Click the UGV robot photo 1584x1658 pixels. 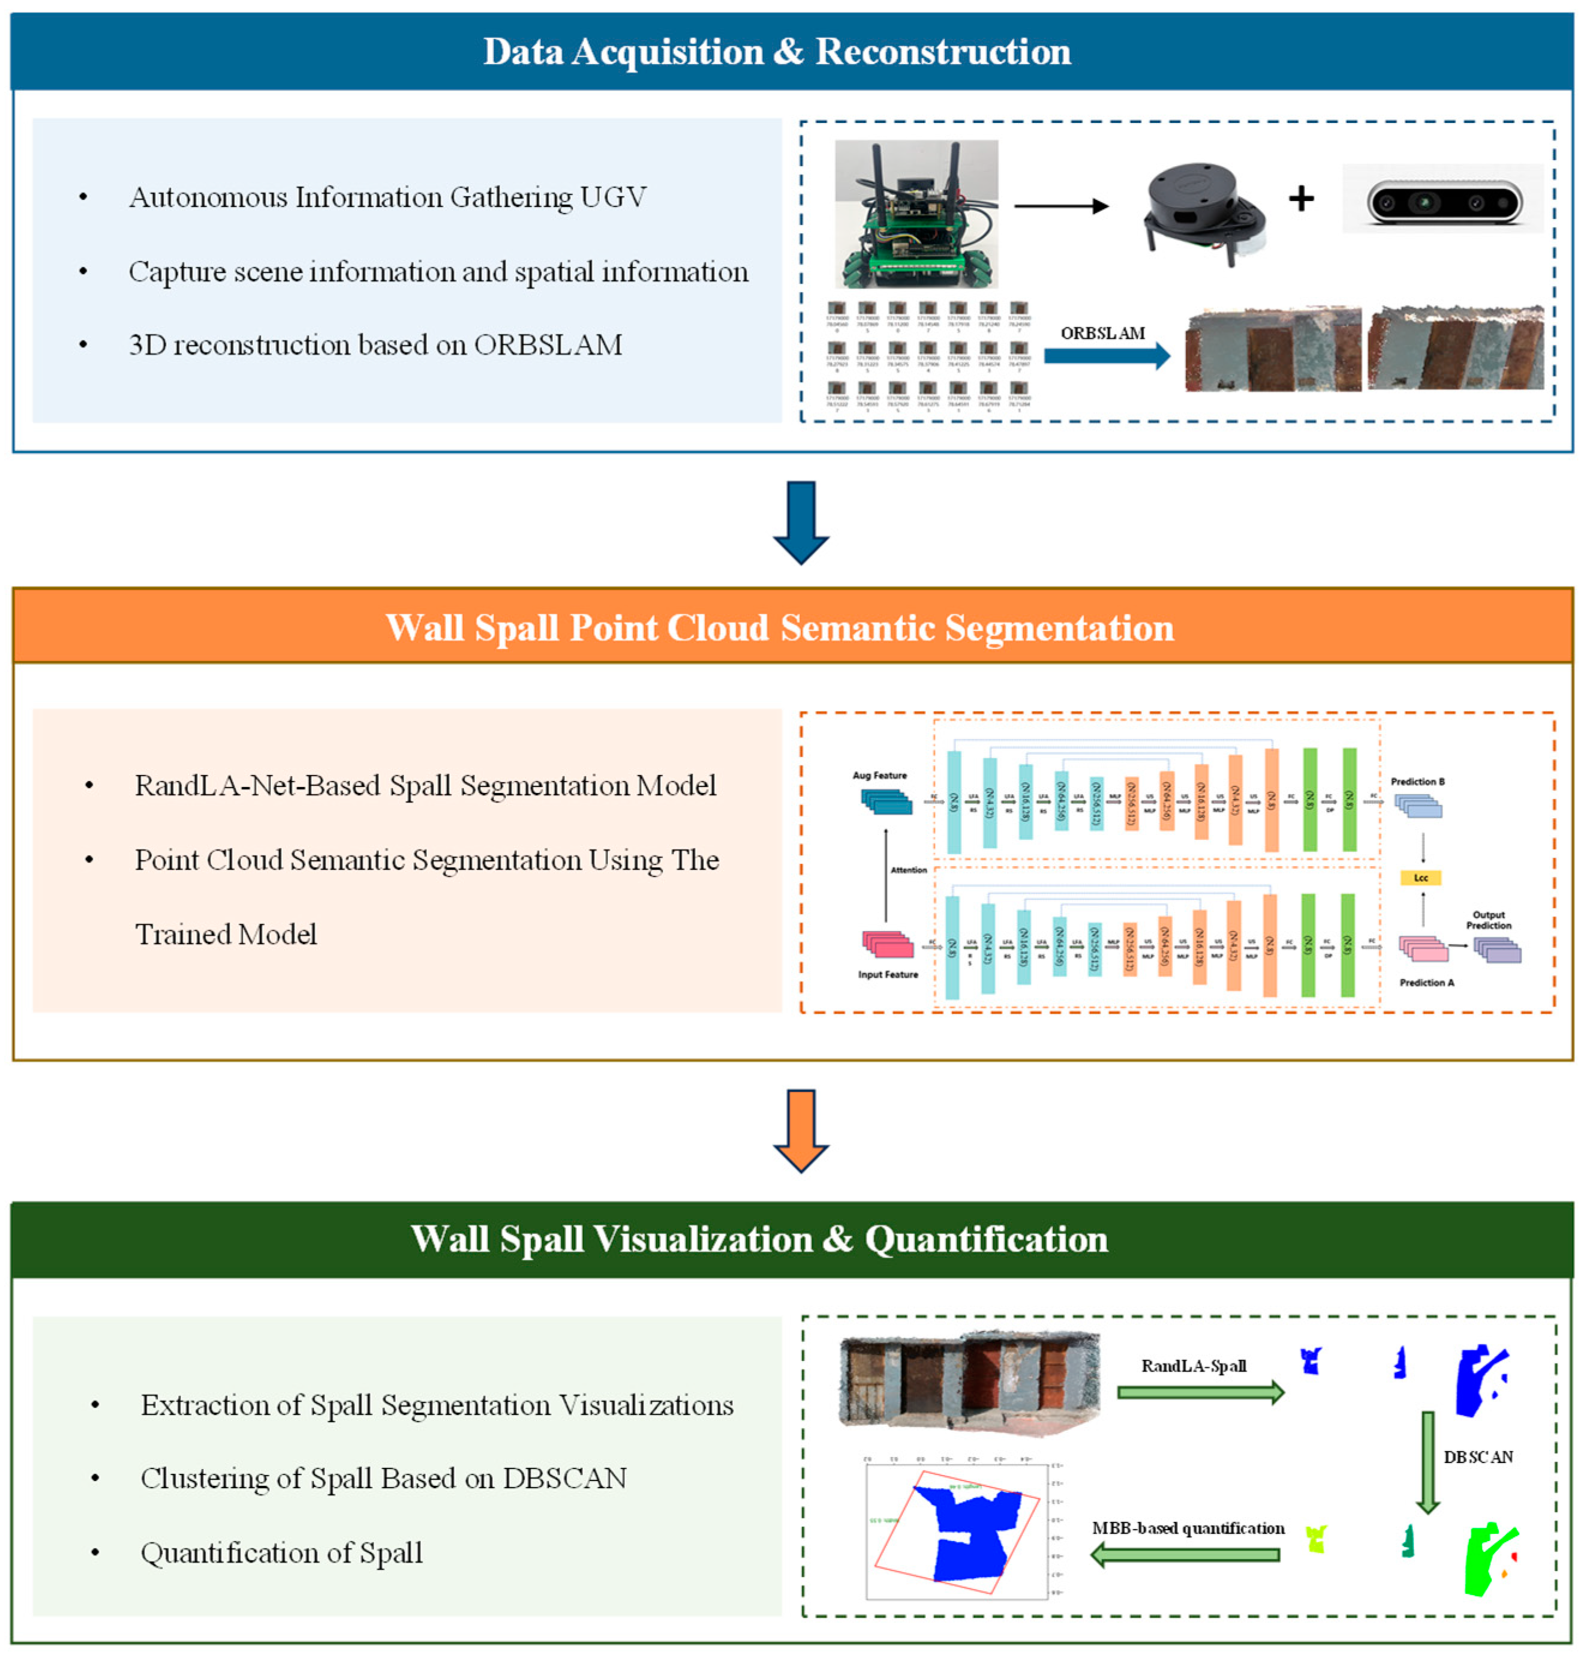(x=916, y=214)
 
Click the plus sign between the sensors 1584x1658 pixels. (x=1301, y=199)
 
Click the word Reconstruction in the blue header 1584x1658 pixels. (x=942, y=52)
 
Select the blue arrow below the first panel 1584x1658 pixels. (x=801, y=521)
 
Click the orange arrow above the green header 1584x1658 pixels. (x=801, y=1130)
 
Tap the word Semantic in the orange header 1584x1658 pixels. (x=853, y=627)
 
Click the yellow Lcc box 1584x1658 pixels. (x=1420, y=878)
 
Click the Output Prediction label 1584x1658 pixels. (x=1489, y=920)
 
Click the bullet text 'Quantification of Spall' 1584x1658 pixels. (x=281, y=1552)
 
